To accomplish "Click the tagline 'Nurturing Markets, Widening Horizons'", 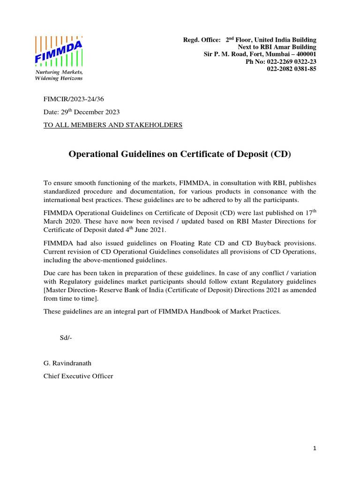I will [x=59, y=75].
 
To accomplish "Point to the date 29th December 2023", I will [x=82, y=112].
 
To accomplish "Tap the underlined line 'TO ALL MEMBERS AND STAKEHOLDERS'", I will [x=113, y=125].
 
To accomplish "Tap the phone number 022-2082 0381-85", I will [x=292, y=69].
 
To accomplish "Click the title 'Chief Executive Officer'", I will [x=78, y=376].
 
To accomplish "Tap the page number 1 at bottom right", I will [x=315, y=449].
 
